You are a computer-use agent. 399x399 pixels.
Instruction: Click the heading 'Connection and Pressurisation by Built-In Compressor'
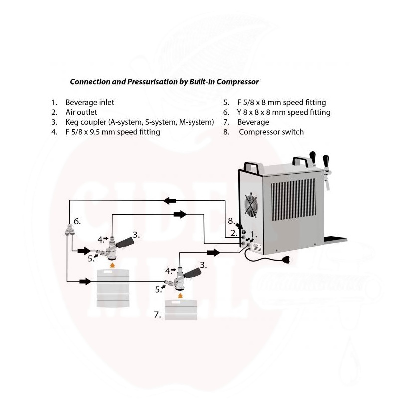tap(164, 81)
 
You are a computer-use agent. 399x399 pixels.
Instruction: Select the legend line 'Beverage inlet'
tap(89, 102)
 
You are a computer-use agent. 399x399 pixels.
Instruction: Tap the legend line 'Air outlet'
tap(81, 112)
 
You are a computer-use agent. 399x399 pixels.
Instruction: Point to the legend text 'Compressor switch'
tap(271, 132)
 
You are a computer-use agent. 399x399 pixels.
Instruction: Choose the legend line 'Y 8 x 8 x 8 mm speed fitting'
tap(283, 112)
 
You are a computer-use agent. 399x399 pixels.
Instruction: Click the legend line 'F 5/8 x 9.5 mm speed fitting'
tap(112, 132)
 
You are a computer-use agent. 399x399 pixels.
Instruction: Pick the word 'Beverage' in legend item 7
tap(253, 122)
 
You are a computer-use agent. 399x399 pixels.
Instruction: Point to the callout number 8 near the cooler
tap(231, 220)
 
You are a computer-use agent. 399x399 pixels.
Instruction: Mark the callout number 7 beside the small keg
tap(157, 315)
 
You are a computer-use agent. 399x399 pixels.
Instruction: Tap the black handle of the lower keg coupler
tap(195, 273)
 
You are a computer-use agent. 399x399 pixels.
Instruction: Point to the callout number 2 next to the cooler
tap(233, 233)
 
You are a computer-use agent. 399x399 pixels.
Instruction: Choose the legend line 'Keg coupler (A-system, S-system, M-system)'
tap(139, 122)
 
